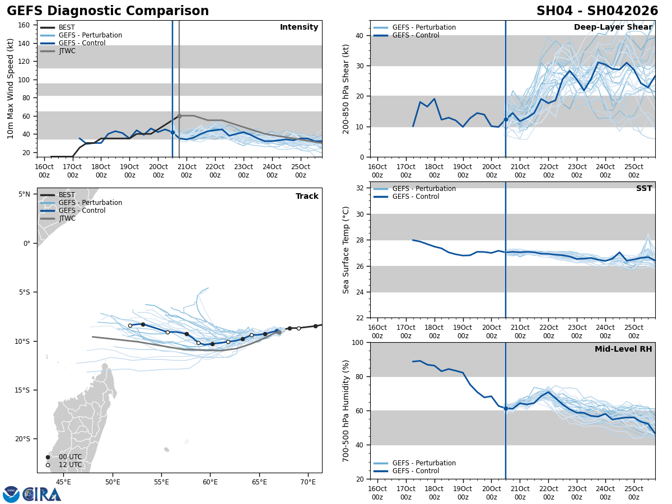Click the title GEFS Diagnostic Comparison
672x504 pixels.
click(108, 11)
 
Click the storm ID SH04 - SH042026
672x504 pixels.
click(597, 11)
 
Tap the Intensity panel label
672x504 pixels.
click(299, 27)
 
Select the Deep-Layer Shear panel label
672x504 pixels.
click(613, 27)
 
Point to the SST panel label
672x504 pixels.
click(643, 189)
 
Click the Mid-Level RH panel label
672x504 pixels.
click(623, 349)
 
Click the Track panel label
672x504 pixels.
click(307, 197)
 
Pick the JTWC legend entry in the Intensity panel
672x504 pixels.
click(67, 51)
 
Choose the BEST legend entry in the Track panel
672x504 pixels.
click(67, 195)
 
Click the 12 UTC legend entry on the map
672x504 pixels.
click(70, 465)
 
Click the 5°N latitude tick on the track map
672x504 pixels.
click(24, 194)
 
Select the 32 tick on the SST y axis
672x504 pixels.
click(360, 188)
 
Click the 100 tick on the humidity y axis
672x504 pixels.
click(358, 342)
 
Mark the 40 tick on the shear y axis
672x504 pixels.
click(360, 35)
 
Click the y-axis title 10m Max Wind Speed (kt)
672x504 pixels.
click(11, 88)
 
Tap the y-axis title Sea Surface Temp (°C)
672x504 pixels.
click(346, 250)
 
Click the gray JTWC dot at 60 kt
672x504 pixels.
click(179, 116)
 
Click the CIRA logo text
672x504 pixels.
click(42, 494)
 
